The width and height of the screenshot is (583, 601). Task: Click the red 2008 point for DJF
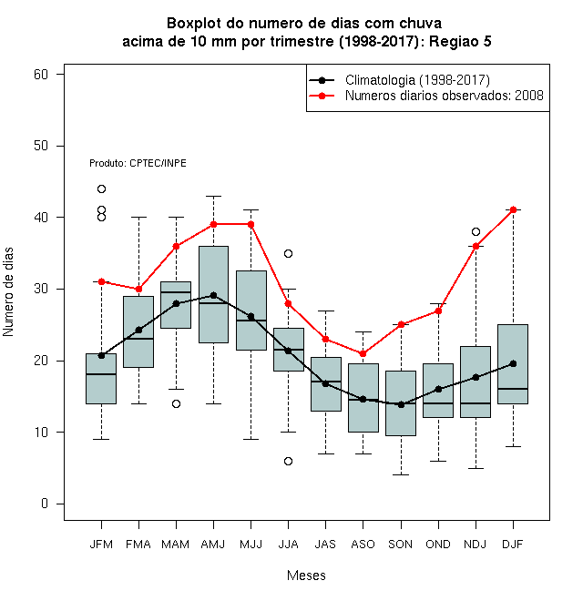pos(513,209)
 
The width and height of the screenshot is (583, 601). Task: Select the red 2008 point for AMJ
pos(214,224)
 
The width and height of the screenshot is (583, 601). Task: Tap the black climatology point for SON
pos(401,404)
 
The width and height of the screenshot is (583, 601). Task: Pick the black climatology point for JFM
pos(101,355)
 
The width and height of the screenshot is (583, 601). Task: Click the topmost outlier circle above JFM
pos(101,188)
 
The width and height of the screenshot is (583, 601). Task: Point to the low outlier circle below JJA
pos(288,461)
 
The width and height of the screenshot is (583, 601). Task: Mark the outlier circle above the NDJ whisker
pos(476,231)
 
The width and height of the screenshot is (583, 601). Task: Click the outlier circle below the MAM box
pos(176,403)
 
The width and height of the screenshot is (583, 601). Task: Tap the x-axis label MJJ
pos(251,545)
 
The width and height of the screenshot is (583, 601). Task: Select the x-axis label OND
pos(438,545)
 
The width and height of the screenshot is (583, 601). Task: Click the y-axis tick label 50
pos(41,146)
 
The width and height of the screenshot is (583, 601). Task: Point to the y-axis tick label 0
pos(45,504)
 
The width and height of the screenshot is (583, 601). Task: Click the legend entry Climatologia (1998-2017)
pos(417,80)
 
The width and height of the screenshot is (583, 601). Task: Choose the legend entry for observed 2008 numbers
pos(445,96)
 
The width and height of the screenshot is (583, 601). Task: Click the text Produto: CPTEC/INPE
pos(138,163)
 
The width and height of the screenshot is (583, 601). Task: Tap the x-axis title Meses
pos(306,576)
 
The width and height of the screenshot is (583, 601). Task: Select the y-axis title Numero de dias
pos(8,292)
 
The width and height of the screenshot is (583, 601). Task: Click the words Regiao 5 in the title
pos(460,41)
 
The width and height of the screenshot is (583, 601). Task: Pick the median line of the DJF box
pos(513,389)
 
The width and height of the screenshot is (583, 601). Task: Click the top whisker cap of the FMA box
pos(138,217)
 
